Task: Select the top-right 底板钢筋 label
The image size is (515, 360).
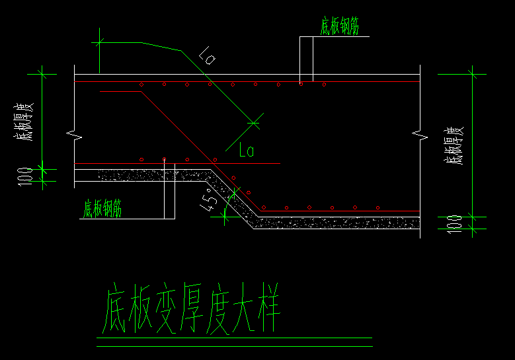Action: pyautogui.click(x=339, y=26)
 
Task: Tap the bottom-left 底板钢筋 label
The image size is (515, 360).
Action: pyautogui.click(x=102, y=209)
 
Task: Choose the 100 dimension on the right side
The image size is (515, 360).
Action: pyautogui.click(x=454, y=222)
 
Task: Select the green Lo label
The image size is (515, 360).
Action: pyautogui.click(x=246, y=151)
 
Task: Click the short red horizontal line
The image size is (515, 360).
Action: pyautogui.click(x=120, y=92)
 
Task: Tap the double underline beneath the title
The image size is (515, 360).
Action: pyautogui.click(x=234, y=342)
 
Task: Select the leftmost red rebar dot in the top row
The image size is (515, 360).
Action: pyautogui.click(x=141, y=85)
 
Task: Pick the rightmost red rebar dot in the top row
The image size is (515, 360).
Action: pyautogui.click(x=324, y=85)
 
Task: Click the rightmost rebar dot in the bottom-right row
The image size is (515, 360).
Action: pyautogui.click(x=377, y=207)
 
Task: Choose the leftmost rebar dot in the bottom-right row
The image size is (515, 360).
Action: pyautogui.click(x=263, y=207)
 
